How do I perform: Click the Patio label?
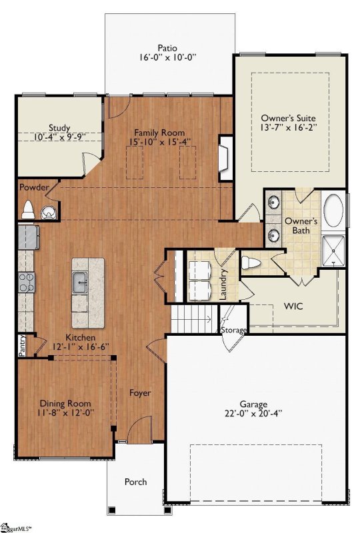tap(167, 48)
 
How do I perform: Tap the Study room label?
tap(59, 128)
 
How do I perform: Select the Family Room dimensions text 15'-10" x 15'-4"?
tap(159, 141)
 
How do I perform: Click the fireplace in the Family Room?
tap(225, 158)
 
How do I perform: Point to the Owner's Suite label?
tap(288, 118)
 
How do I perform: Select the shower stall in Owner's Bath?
tap(333, 251)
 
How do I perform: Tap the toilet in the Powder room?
tap(28, 210)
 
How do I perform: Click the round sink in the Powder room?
tap(48, 213)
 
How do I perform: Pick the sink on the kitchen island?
tap(80, 282)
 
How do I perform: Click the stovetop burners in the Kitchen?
tap(27, 282)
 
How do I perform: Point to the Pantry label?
tap(22, 346)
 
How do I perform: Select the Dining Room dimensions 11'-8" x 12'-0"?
tap(66, 412)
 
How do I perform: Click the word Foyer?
tap(140, 393)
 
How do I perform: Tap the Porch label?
tap(136, 482)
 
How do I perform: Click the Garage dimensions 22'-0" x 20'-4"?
tap(253, 413)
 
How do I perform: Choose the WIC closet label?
tap(293, 306)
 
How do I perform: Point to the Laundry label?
tap(223, 284)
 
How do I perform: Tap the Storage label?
tap(234, 330)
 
